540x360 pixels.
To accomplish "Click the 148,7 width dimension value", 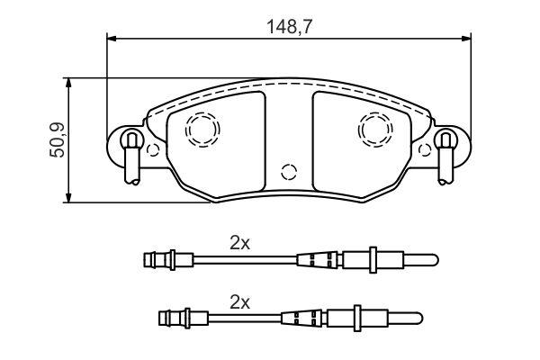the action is tap(290, 26).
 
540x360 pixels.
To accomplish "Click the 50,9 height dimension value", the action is tap(58, 140).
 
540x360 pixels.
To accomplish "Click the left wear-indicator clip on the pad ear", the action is tap(132, 157).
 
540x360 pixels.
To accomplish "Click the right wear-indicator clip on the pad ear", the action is tap(445, 157).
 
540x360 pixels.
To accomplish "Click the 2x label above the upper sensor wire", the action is tap(240, 244).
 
